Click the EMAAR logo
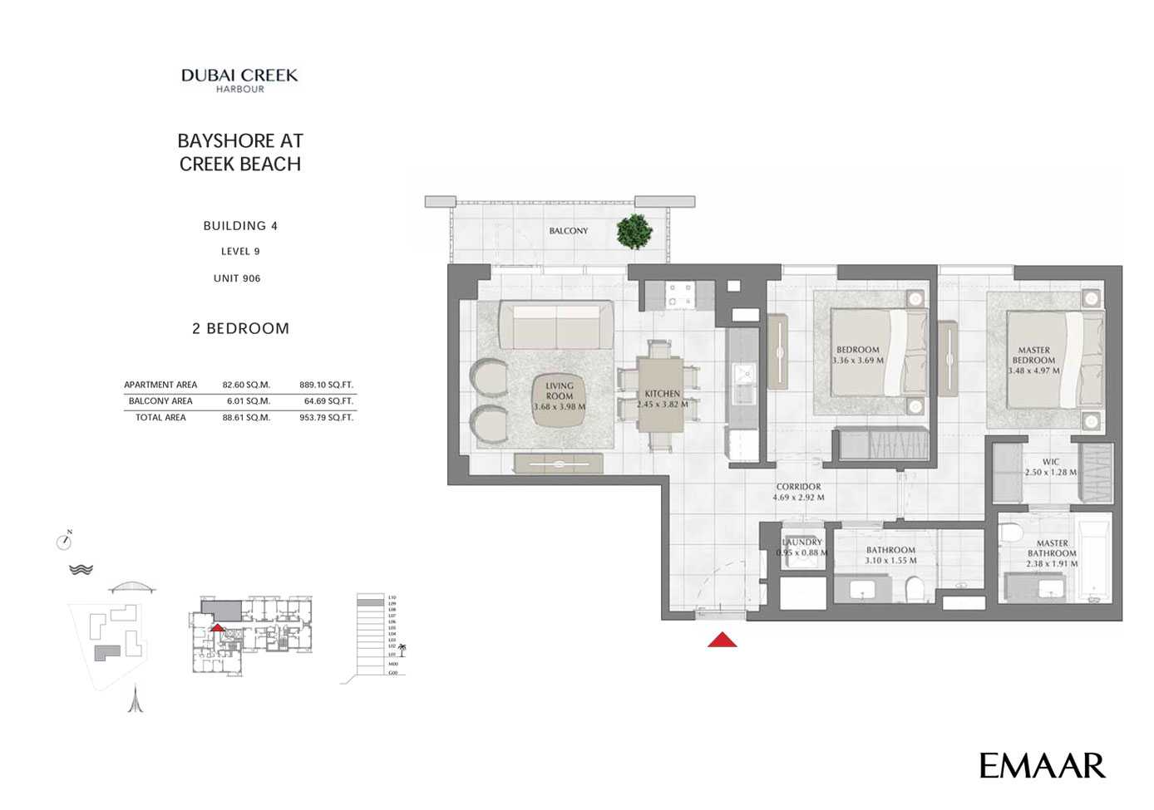click(1042, 765)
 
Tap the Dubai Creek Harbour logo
click(239, 80)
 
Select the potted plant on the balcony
click(634, 231)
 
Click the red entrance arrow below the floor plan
click(722, 639)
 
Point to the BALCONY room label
click(568, 231)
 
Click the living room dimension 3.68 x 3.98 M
click(560, 407)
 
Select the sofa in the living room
click(555, 326)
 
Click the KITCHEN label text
click(662, 394)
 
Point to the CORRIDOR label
click(798, 487)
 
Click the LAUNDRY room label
click(802, 542)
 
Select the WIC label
click(1051, 462)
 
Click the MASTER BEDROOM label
click(1033, 356)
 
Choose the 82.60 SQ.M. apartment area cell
click(246, 385)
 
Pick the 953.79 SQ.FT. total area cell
click(326, 418)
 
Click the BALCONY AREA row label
click(160, 401)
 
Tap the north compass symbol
click(64, 542)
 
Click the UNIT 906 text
click(237, 278)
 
